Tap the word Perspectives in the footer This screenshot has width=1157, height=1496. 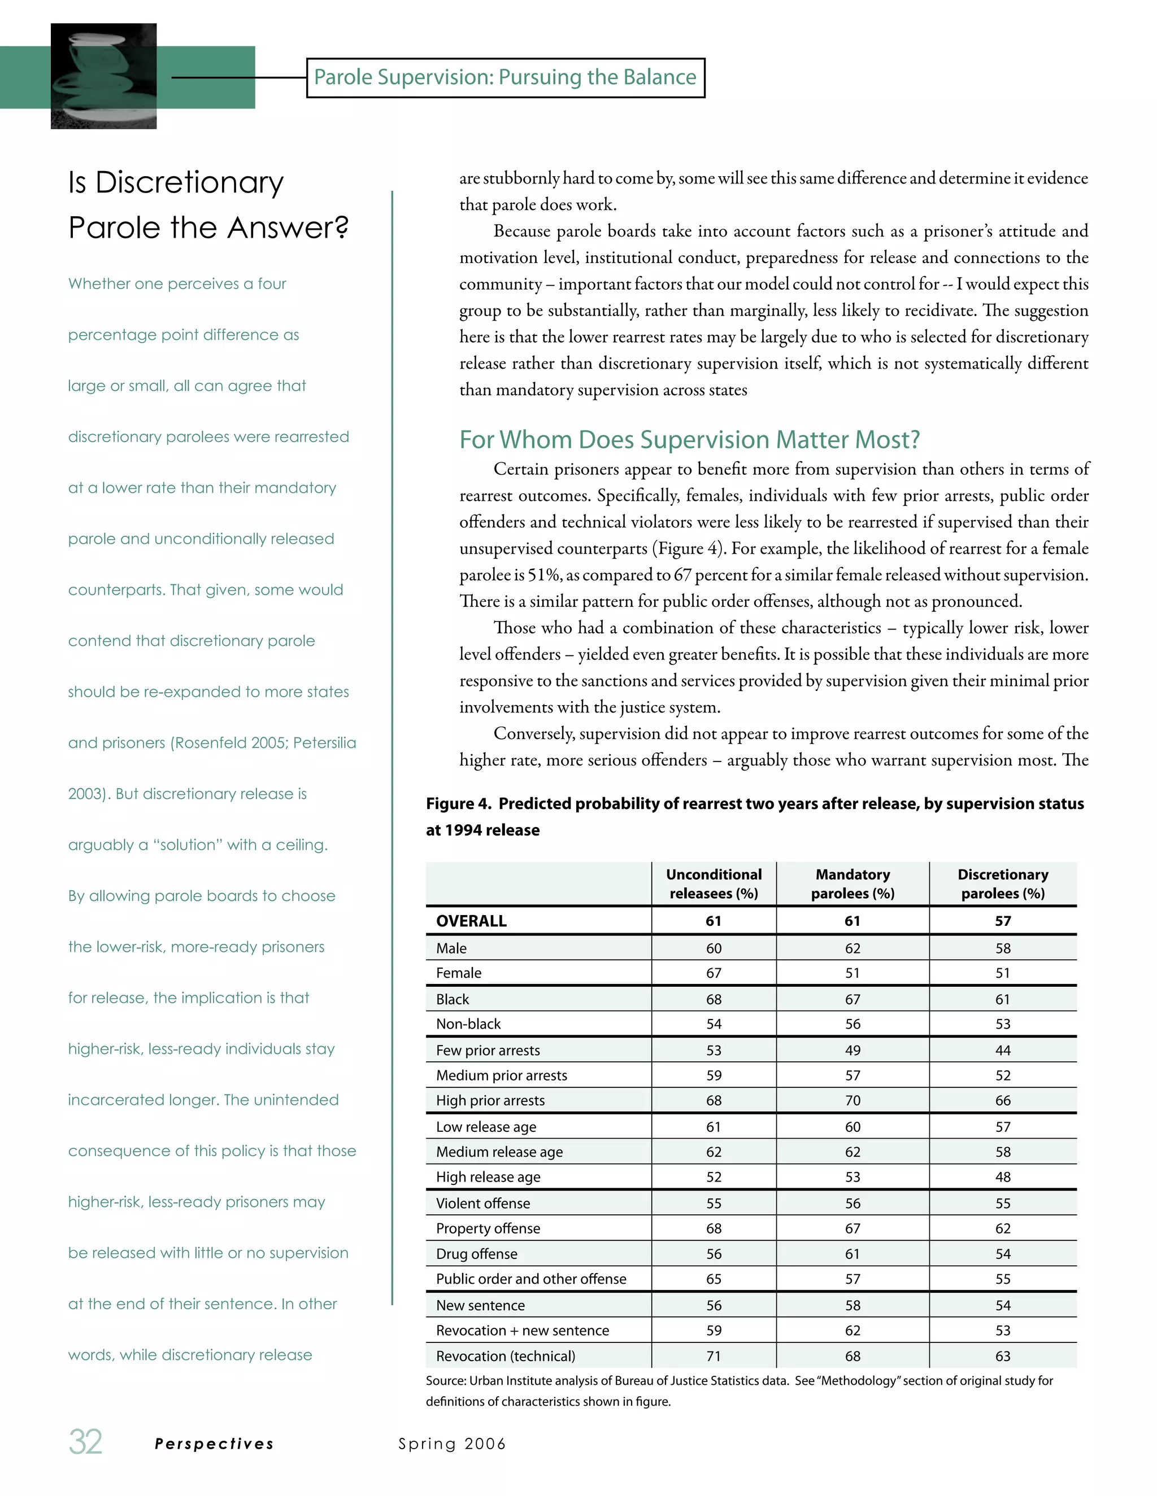pos(214,1444)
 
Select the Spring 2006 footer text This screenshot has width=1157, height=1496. pos(452,1444)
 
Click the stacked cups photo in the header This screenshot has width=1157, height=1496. pos(103,76)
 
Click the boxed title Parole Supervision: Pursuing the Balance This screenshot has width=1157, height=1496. pos(505,77)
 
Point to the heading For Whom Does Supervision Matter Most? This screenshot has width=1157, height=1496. pos(689,439)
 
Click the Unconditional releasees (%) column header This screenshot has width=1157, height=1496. pos(714,883)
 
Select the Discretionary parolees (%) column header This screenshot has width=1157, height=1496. pos(1002,883)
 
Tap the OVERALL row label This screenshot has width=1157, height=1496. pos(471,921)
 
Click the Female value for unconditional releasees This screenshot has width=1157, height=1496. pos(714,973)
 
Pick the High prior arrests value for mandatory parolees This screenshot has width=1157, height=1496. pos(852,1100)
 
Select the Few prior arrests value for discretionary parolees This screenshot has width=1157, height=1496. pos(1002,1050)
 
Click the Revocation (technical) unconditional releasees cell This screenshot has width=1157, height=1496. pos(714,1355)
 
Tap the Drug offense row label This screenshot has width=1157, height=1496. pos(476,1253)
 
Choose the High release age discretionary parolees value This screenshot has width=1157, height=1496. pos(1002,1177)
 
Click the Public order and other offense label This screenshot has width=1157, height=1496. pos(530,1279)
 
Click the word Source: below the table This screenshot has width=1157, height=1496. pos(446,1380)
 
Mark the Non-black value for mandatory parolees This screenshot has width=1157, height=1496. pos(852,1023)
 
